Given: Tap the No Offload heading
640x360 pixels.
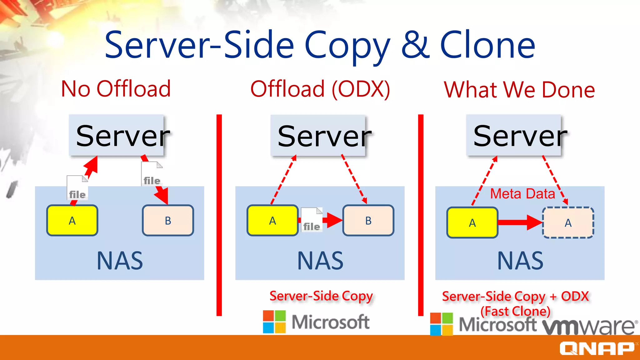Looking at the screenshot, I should [116, 89].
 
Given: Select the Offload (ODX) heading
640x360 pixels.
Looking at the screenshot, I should [320, 89].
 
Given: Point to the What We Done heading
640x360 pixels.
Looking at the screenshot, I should [519, 90].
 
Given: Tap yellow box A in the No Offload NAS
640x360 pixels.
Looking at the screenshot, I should [72, 220].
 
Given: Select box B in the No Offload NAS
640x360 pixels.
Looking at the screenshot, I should [168, 220].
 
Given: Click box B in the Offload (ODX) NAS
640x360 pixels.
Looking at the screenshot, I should [368, 220].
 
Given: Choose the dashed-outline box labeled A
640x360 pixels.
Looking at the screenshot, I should [568, 222].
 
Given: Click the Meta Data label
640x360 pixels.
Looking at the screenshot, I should [522, 194].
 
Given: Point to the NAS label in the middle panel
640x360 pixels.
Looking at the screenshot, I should [320, 261].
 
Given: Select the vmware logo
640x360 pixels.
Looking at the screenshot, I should [589, 326].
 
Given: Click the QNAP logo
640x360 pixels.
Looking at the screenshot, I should [597, 348].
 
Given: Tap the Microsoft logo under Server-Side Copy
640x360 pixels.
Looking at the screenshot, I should [316, 322].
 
